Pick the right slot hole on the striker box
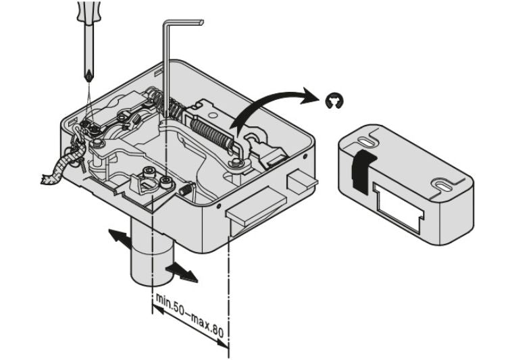(x=446, y=182)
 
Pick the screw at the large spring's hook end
(x=236, y=162)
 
